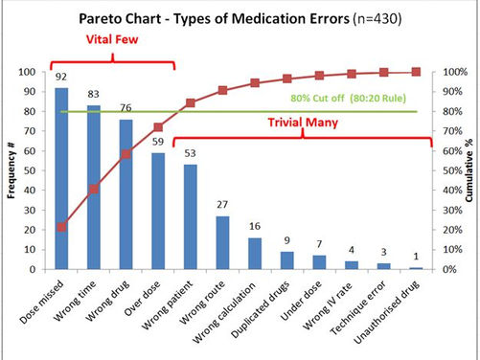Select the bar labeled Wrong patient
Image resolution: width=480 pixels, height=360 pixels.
[191, 217]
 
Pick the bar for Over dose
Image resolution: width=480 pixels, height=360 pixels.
[158, 212]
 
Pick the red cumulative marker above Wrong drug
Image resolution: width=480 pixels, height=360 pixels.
[126, 154]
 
